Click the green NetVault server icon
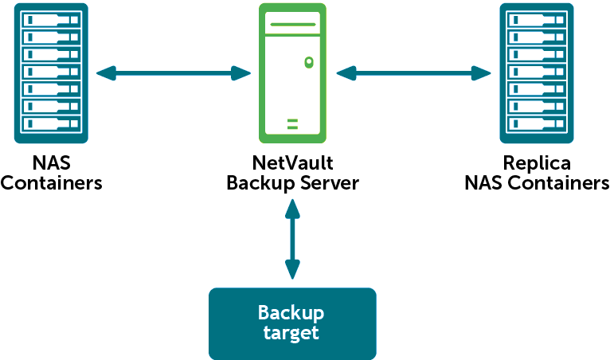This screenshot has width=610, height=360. pos(292,73)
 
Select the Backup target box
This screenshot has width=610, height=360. pos(291,323)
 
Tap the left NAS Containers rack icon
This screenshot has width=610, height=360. pos(51,73)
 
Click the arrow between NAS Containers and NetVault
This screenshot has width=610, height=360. pos(174,73)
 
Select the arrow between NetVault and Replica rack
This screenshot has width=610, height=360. pos(413,73)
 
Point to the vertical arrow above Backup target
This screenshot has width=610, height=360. pos(292,239)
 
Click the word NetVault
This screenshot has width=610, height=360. pos(292,163)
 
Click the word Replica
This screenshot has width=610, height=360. pos(537,163)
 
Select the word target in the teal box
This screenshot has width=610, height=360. pos(291,333)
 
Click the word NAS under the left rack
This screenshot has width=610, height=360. pos(51,163)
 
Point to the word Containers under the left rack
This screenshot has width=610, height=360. pos(51,183)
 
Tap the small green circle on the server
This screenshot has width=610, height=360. pos(307,62)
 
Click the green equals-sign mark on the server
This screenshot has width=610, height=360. pos(292,123)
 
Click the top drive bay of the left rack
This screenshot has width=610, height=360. pos(51,19)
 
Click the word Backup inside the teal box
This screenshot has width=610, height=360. pos(291,312)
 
